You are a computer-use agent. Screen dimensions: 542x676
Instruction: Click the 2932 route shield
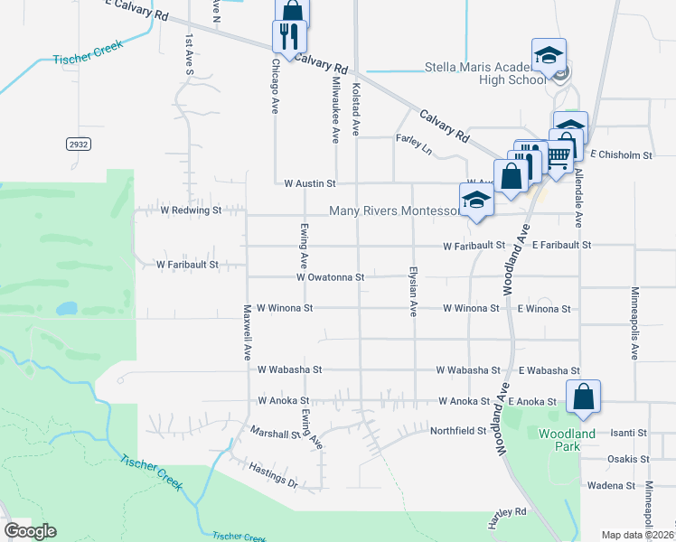tap(78, 144)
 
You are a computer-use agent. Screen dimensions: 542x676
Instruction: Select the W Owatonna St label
tap(330, 277)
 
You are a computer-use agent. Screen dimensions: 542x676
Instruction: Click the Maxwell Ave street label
tap(246, 332)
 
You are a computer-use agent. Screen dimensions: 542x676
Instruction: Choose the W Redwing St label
tap(191, 210)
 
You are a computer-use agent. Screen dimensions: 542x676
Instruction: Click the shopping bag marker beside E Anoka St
tap(584, 397)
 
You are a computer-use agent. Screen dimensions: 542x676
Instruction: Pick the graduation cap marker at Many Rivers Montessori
tap(476, 201)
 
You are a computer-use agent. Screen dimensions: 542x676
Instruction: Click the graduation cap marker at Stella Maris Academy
tap(549, 56)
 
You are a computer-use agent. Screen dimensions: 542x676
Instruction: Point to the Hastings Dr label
tap(274, 477)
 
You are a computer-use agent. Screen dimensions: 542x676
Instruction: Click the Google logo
tap(30, 531)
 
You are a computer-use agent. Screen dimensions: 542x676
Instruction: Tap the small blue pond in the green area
tap(66, 308)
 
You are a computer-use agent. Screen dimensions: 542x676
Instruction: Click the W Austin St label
tap(309, 183)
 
